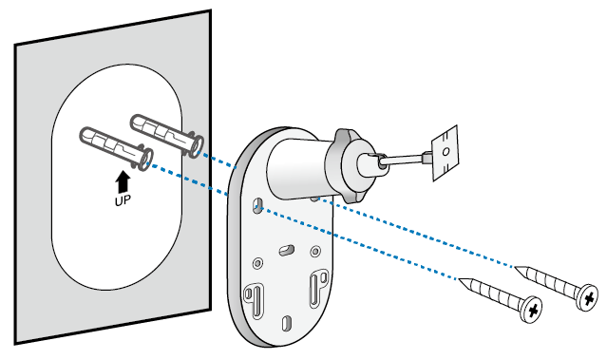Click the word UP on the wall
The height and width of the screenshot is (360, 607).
coord(121,202)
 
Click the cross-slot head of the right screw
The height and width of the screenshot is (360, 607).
coord(588,298)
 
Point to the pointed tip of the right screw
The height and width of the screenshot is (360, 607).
coord(516,268)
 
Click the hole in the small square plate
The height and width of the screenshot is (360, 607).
coord(444,150)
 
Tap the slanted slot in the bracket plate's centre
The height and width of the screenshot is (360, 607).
coord(286,247)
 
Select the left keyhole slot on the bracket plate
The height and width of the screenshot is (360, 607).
coord(254,295)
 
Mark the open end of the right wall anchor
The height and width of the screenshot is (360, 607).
coord(195,142)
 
